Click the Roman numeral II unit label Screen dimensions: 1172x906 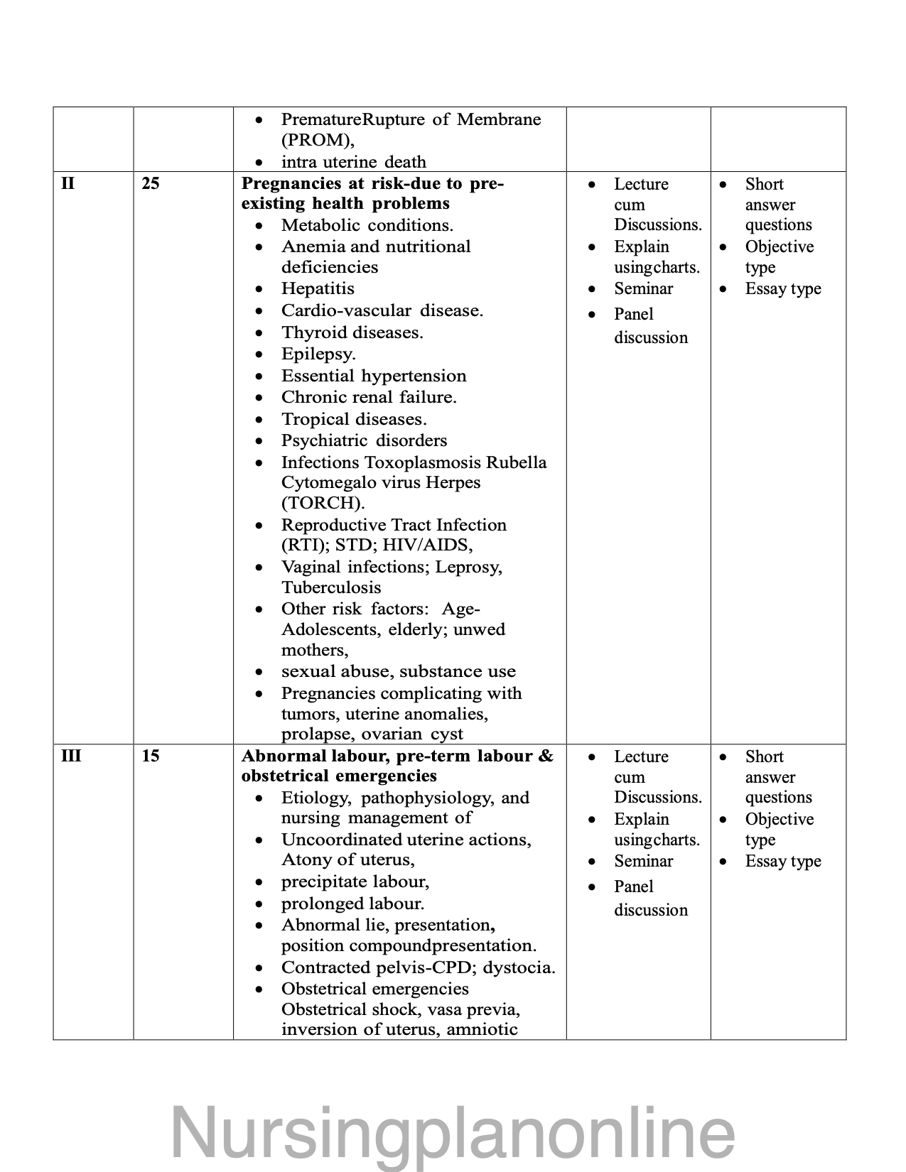click(x=68, y=183)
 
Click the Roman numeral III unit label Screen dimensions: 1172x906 click(x=71, y=756)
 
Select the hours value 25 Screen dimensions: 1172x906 click(x=151, y=183)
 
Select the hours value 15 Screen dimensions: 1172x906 click(x=151, y=756)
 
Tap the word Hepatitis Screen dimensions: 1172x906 click(x=318, y=288)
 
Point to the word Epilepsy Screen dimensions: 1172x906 click(x=318, y=354)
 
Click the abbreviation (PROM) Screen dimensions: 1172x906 click(x=316, y=140)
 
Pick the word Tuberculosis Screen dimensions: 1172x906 click(x=331, y=587)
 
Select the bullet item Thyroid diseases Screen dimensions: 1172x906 click(x=352, y=332)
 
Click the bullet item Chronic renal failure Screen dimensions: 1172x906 click(x=369, y=397)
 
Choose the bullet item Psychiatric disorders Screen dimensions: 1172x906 click(x=364, y=440)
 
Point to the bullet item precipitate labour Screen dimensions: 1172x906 click(x=355, y=881)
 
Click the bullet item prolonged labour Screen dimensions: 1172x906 click(x=352, y=904)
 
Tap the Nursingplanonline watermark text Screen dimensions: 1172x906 click(x=453, y=1132)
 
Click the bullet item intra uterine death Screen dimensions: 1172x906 click(x=353, y=162)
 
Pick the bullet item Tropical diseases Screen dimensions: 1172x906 click(x=354, y=419)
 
